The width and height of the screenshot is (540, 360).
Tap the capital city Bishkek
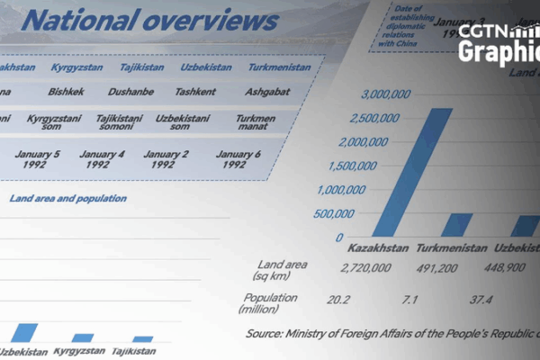[x=67, y=92]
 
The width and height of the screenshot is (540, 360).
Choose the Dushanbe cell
[x=130, y=92]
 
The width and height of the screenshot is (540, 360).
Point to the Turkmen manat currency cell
[x=261, y=123]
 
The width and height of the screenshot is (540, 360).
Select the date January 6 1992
[x=238, y=159]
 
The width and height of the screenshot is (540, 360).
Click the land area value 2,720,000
[x=365, y=267]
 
